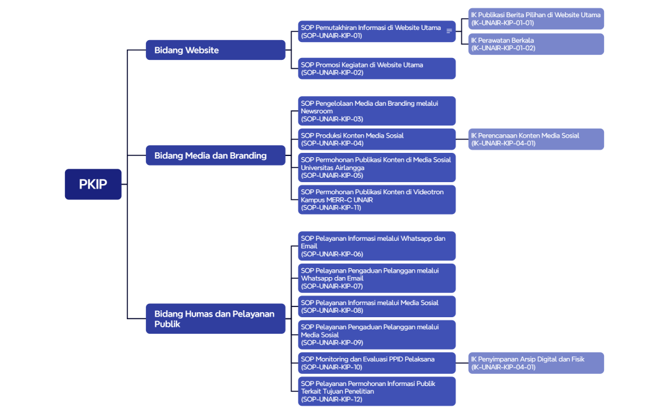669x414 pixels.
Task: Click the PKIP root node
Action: [x=93, y=184]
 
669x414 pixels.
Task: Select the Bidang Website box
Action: [x=215, y=50]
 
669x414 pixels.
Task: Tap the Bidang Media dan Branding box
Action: [x=215, y=155]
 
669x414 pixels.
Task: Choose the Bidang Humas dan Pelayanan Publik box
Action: [x=215, y=318]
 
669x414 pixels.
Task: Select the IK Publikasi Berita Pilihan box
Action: [x=536, y=18]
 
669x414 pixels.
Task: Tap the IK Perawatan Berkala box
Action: [x=536, y=44]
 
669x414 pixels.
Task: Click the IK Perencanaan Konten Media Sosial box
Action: [x=536, y=139]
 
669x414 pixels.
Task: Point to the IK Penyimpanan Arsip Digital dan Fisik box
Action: [x=536, y=363]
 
